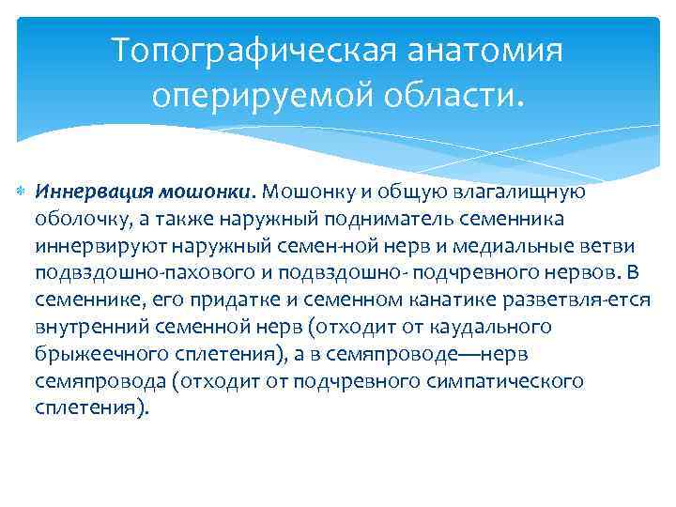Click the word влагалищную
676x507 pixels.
click(517, 192)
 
